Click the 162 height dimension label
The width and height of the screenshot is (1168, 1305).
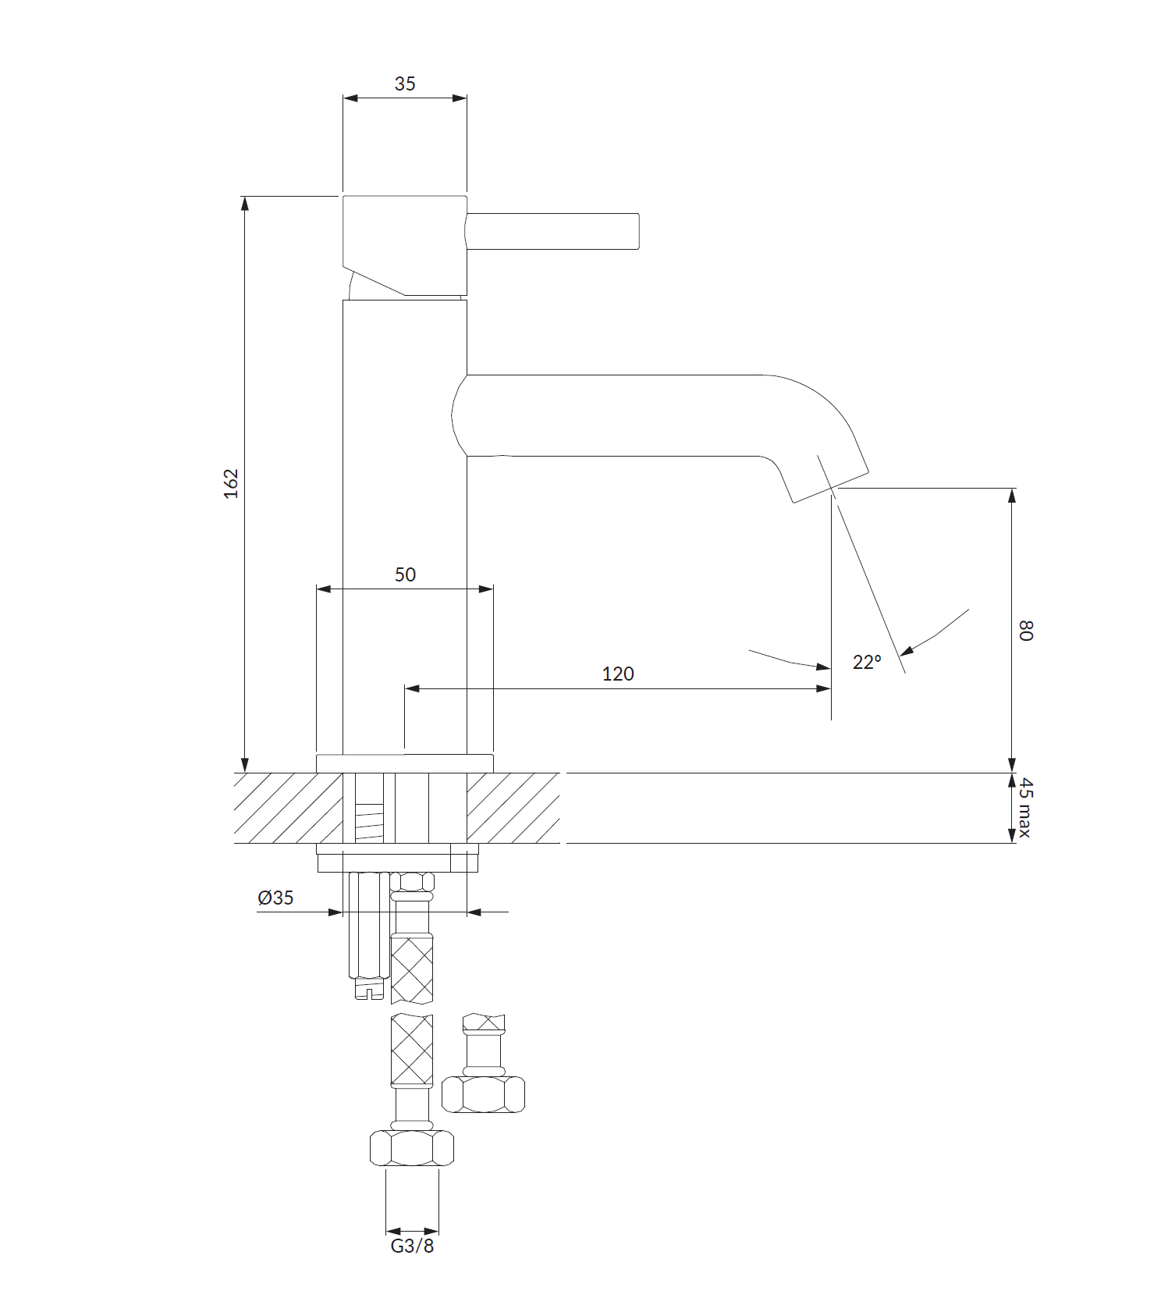coord(231,484)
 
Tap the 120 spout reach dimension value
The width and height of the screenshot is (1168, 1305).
coord(618,674)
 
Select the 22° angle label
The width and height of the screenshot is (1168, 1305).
coord(867,662)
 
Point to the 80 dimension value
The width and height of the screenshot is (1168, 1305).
coord(1025,631)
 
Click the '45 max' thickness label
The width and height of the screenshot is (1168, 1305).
coord(1025,807)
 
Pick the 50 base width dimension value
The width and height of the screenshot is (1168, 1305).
coord(405,574)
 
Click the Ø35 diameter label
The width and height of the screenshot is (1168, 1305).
coord(275,898)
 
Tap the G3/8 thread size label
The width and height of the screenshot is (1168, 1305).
coord(412,1245)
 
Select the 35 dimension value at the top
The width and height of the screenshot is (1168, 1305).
coord(405,84)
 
